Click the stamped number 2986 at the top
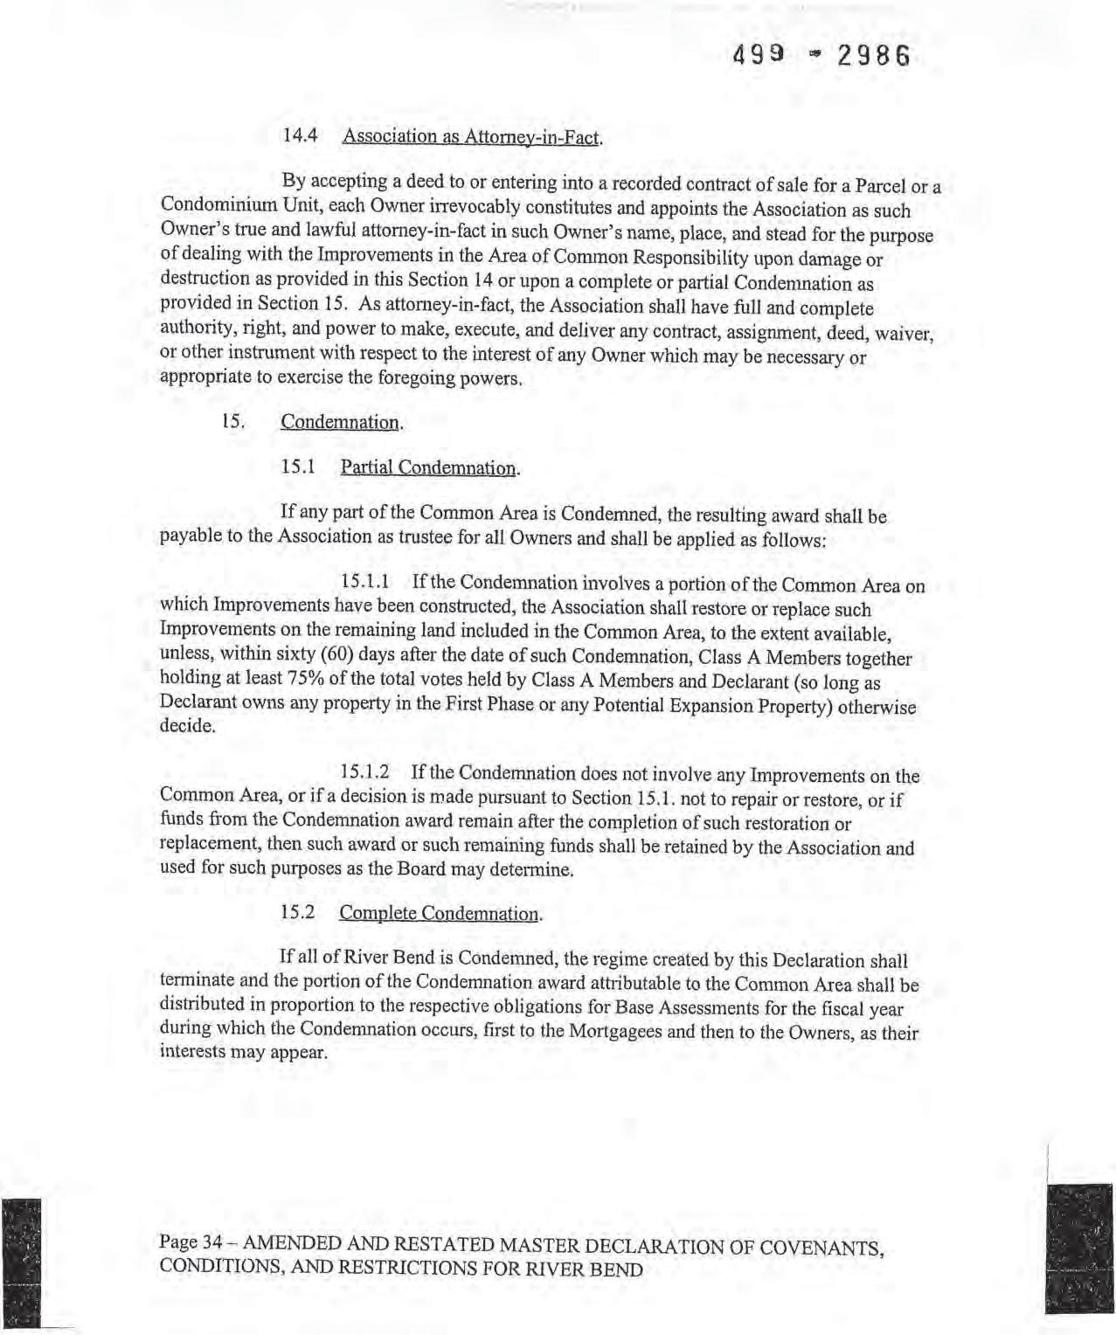873,58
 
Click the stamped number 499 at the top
757,57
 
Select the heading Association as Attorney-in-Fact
472,137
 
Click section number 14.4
302,136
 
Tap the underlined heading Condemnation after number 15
341,423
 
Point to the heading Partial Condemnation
429,467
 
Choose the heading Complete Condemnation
440,914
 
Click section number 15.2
298,913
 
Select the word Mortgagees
615,1030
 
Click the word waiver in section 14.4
905,335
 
